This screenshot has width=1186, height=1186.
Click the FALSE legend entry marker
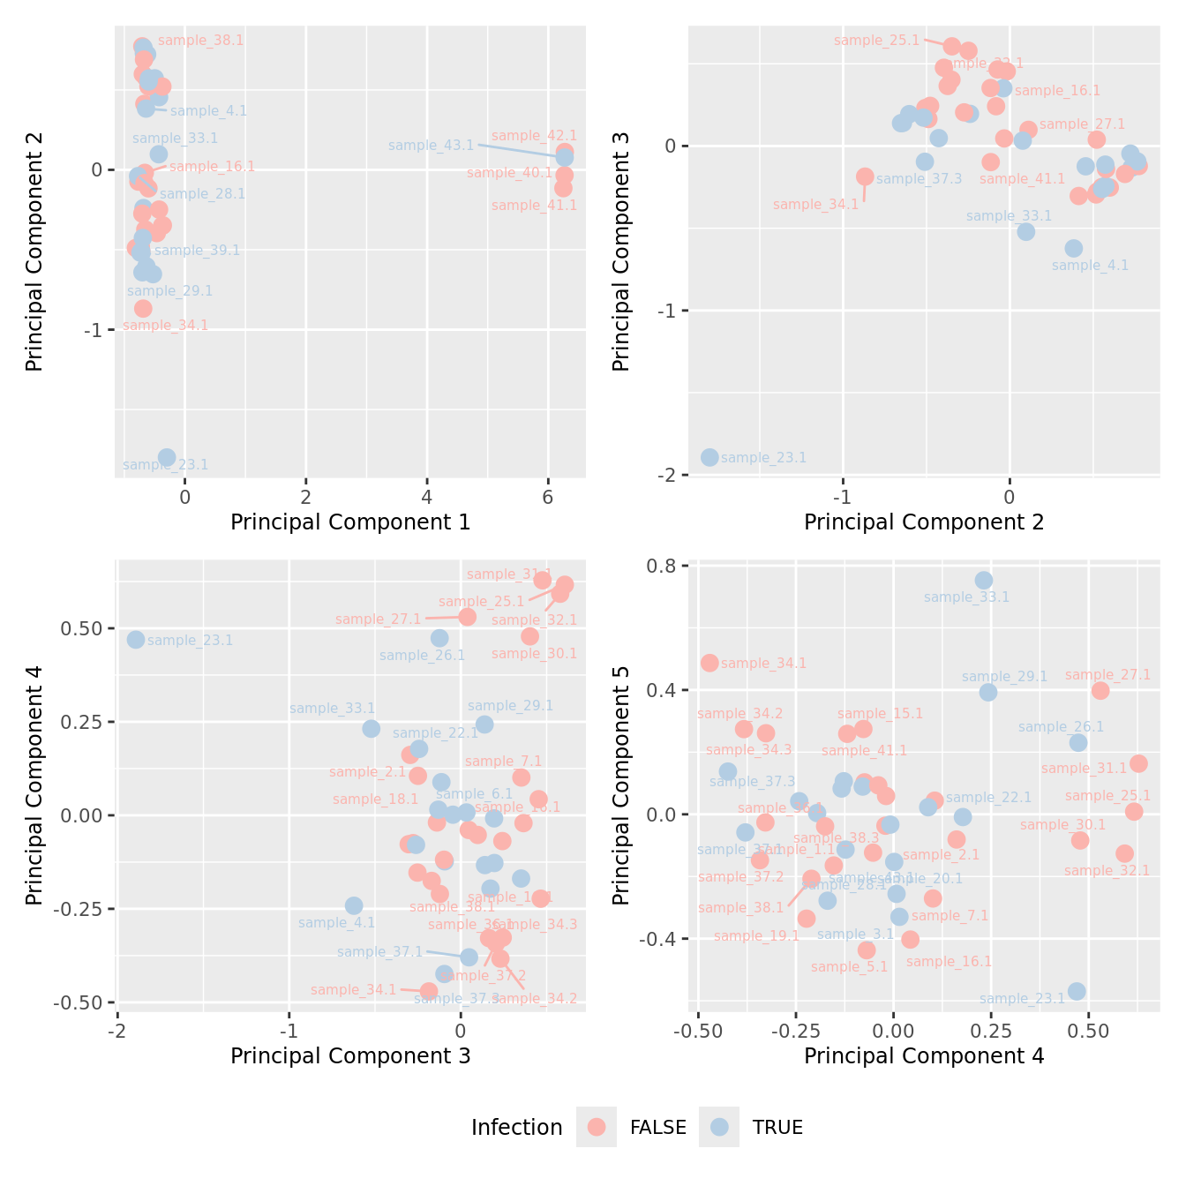point(597,1127)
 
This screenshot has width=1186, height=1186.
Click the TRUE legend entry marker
point(720,1127)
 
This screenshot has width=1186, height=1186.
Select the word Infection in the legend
point(516,1128)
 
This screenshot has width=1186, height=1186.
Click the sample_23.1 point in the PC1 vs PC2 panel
point(167,457)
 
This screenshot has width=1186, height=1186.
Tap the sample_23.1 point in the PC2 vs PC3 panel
point(709,457)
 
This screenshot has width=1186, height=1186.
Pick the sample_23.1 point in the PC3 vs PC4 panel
point(136,640)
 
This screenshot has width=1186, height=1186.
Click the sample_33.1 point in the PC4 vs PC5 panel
point(984,581)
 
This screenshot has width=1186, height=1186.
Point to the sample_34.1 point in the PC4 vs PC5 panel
point(709,663)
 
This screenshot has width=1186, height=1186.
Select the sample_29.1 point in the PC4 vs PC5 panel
point(988,693)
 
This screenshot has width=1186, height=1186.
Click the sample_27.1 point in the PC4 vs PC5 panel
point(1100,691)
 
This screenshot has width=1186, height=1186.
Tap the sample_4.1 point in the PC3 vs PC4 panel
point(354,905)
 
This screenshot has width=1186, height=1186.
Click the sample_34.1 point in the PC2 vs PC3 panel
point(865,176)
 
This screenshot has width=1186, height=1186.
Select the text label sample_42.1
point(534,136)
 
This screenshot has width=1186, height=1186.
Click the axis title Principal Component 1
point(350,522)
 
